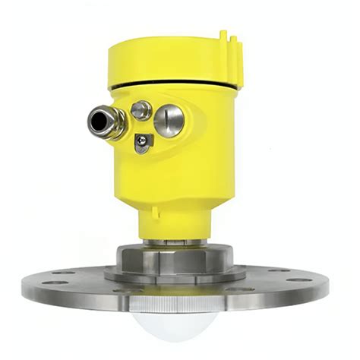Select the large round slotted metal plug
click(169, 119)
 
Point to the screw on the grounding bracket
click(142, 141)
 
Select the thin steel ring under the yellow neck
click(176, 242)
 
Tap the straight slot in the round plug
click(169, 119)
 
